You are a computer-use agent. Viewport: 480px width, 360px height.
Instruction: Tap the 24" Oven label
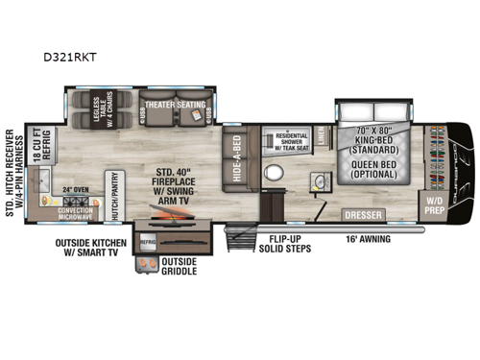[x=75, y=189]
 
